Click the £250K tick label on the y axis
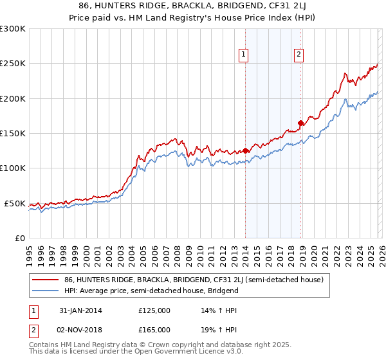tap(13, 64)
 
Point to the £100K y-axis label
tap(13, 168)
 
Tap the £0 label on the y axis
tap(20, 238)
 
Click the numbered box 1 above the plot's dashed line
tap(244, 56)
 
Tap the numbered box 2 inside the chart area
tap(299, 56)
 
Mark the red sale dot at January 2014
tap(245, 151)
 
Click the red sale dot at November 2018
tap(300, 123)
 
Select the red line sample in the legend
tap(46, 280)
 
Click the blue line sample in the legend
tap(46, 291)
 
